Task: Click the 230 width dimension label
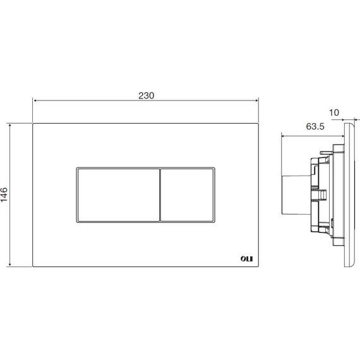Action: pos(147,95)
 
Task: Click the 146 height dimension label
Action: pos(4,195)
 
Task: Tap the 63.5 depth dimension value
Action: pos(315,126)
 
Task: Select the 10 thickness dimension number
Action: pos(334,112)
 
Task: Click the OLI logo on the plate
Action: pos(246,258)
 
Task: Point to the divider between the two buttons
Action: pos(160,195)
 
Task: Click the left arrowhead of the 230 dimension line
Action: pos(35,100)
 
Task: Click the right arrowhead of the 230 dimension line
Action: pos(256,100)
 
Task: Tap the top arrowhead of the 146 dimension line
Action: pos(9,125)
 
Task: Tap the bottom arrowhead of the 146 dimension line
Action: pos(9,265)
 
